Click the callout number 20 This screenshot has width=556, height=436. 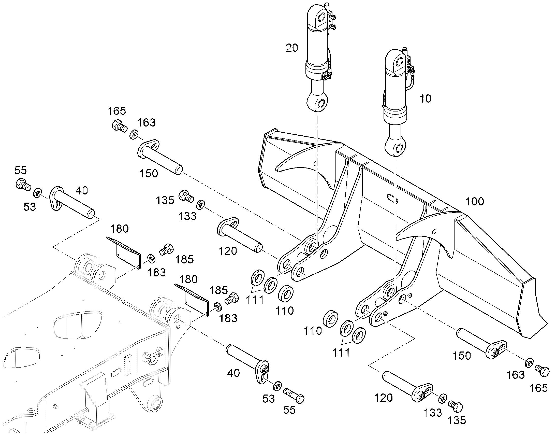292,48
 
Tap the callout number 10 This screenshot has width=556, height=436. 426,99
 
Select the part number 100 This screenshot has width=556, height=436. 475,202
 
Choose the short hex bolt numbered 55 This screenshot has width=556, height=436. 23,184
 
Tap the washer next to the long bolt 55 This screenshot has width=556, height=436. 277,386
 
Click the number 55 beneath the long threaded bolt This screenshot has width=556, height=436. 289,410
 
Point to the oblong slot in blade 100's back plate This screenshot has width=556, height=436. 392,198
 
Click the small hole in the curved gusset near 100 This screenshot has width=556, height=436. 435,232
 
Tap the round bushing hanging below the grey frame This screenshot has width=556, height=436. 156,403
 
